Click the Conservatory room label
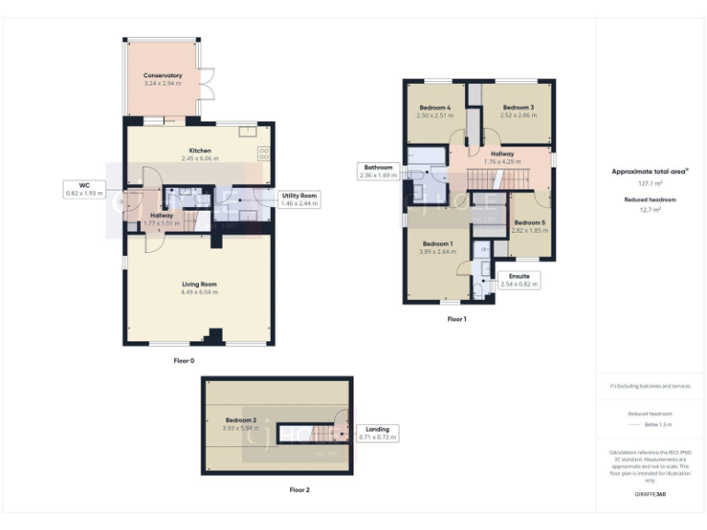pyautogui.click(x=163, y=75)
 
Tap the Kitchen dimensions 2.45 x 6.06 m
pyautogui.click(x=200, y=159)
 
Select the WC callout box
pyautogui.click(x=84, y=190)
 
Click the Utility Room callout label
pyautogui.click(x=299, y=200)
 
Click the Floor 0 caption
pyautogui.click(x=184, y=361)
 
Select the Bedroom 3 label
pyautogui.click(x=517, y=108)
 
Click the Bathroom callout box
pyautogui.click(x=377, y=170)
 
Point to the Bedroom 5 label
pyautogui.click(x=529, y=223)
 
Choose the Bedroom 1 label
pyautogui.click(x=439, y=245)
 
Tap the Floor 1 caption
pyautogui.click(x=457, y=319)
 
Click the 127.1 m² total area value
pyautogui.click(x=650, y=183)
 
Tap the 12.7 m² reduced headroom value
pyautogui.click(x=650, y=210)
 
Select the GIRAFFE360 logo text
pyautogui.click(x=650, y=495)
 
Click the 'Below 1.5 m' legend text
pyautogui.click(x=650, y=425)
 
